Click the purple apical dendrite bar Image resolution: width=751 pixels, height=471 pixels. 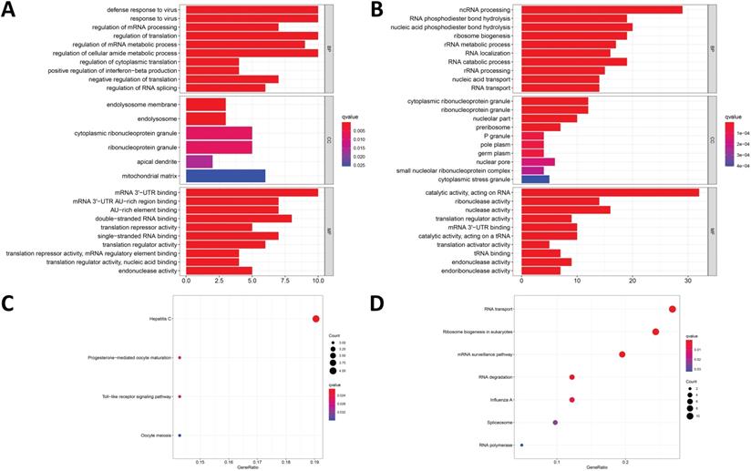199,161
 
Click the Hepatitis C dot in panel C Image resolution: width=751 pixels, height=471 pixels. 315,319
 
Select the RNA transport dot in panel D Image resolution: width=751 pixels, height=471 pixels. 673,310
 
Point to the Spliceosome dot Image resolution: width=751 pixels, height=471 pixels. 555,423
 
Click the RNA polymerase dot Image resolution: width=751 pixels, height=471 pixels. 521,445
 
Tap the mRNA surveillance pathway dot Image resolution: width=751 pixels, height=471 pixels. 622,354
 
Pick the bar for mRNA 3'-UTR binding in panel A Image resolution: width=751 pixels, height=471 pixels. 252,192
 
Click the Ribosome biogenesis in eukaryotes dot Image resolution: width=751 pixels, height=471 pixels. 655,332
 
